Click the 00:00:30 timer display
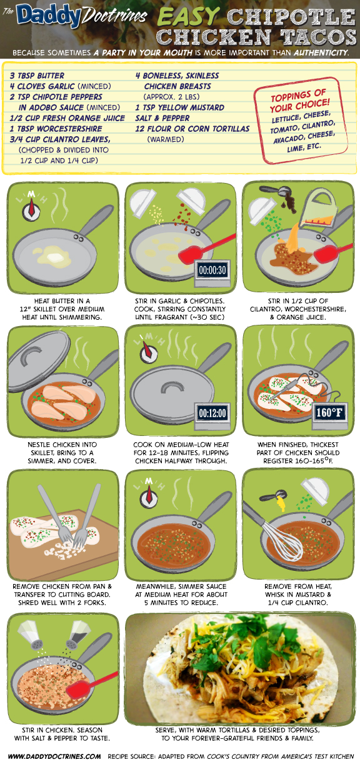pyautogui.click(x=212, y=270)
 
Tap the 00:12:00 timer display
pyautogui.click(x=212, y=413)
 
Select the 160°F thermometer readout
pyautogui.click(x=329, y=413)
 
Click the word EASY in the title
pyautogui.click(x=189, y=16)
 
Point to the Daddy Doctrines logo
pyautogui.click(x=75, y=16)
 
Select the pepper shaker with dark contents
pyautogui.click(x=78, y=635)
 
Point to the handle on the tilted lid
pyautogui.click(x=32, y=356)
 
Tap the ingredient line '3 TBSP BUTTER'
pyautogui.click(x=37, y=76)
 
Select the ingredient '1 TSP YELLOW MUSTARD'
pyautogui.click(x=179, y=107)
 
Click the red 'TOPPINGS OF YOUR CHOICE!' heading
pyautogui.click(x=299, y=101)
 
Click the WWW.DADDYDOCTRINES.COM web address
pyautogui.click(x=54, y=756)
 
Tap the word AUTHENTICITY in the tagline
pyautogui.click(x=321, y=52)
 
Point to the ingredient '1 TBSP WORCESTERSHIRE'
pyautogui.click(x=56, y=129)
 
